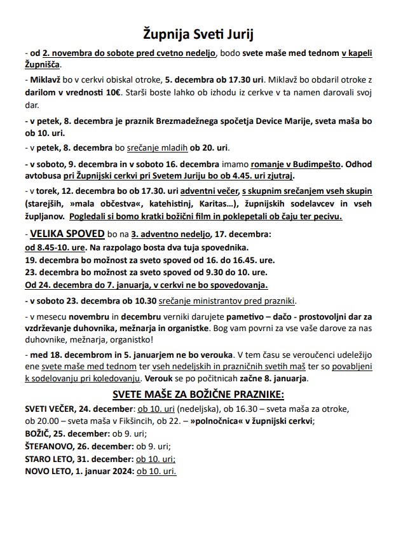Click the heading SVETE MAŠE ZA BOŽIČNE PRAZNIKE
pos(198,394)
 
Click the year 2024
pos(121,472)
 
